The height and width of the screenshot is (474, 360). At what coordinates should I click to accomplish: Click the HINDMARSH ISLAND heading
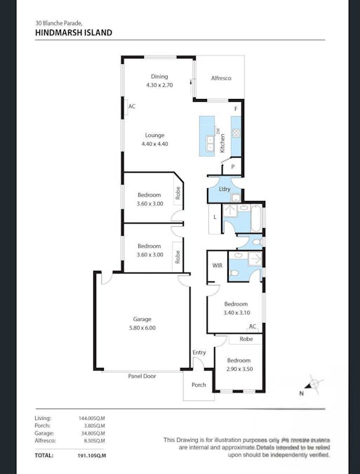pyautogui.click(x=73, y=32)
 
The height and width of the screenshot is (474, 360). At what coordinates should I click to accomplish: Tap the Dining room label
pyautogui.click(x=159, y=77)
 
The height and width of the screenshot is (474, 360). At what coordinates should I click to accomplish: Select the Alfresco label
pyautogui.click(x=221, y=78)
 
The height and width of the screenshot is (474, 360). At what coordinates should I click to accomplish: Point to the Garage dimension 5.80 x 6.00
pyautogui.click(x=142, y=328)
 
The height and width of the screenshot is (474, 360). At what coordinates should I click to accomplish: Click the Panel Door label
pyautogui.click(x=142, y=376)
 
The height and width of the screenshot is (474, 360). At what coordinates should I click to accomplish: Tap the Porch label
pyautogui.click(x=199, y=385)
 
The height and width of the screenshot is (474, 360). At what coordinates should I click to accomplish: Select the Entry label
pyautogui.click(x=199, y=353)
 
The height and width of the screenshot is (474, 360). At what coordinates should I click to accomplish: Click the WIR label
pyautogui.click(x=218, y=265)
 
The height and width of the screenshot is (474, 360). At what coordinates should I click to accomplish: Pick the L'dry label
pyautogui.click(x=225, y=190)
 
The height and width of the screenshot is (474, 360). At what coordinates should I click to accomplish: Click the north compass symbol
pyautogui.click(x=314, y=386)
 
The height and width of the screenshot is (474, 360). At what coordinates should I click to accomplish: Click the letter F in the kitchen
pyautogui.click(x=236, y=110)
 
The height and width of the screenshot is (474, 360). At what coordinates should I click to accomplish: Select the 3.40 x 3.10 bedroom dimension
pyautogui.click(x=236, y=313)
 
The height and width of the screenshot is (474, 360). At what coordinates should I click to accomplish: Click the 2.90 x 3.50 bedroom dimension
pyautogui.click(x=239, y=369)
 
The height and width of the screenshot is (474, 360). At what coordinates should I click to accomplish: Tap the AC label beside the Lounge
pyautogui.click(x=132, y=107)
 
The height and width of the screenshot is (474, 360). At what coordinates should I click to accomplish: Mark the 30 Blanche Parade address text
pyautogui.click(x=63, y=22)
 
